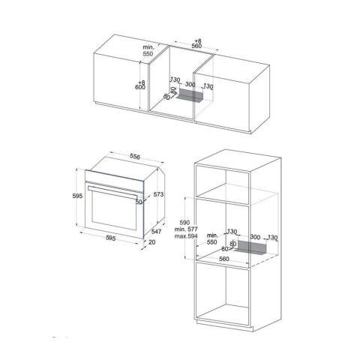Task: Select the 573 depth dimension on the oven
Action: (158, 194)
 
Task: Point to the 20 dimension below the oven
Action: (153, 241)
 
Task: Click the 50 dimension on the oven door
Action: (139, 202)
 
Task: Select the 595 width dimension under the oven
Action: (110, 239)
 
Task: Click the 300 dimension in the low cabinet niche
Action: (190, 85)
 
